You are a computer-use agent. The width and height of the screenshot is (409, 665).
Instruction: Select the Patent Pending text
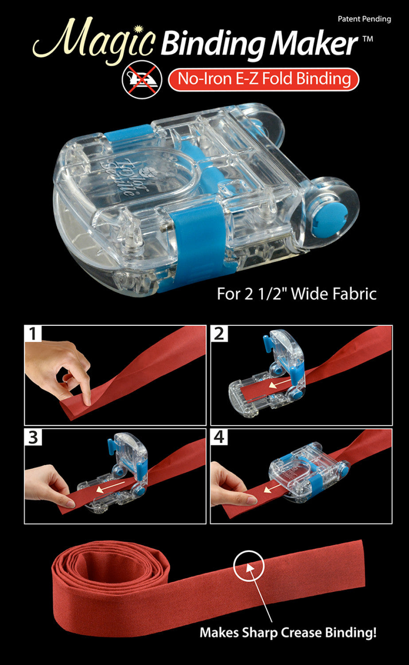point(364,19)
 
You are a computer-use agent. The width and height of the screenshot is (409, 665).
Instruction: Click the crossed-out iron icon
point(142,79)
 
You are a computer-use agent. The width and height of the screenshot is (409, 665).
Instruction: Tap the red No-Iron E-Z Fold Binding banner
point(264,79)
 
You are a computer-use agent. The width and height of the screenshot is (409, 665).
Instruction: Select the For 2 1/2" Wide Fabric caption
point(296,294)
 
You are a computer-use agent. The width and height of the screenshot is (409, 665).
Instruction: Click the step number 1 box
point(33,334)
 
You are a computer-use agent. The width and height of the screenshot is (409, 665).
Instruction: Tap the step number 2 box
point(219,334)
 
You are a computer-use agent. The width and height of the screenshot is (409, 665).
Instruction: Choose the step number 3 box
point(33,437)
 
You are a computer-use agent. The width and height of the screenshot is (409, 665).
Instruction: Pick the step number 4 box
point(219,437)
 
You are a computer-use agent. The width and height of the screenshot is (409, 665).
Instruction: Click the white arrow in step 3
point(110,487)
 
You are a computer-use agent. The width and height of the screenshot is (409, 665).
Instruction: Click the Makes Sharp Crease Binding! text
point(288,632)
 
